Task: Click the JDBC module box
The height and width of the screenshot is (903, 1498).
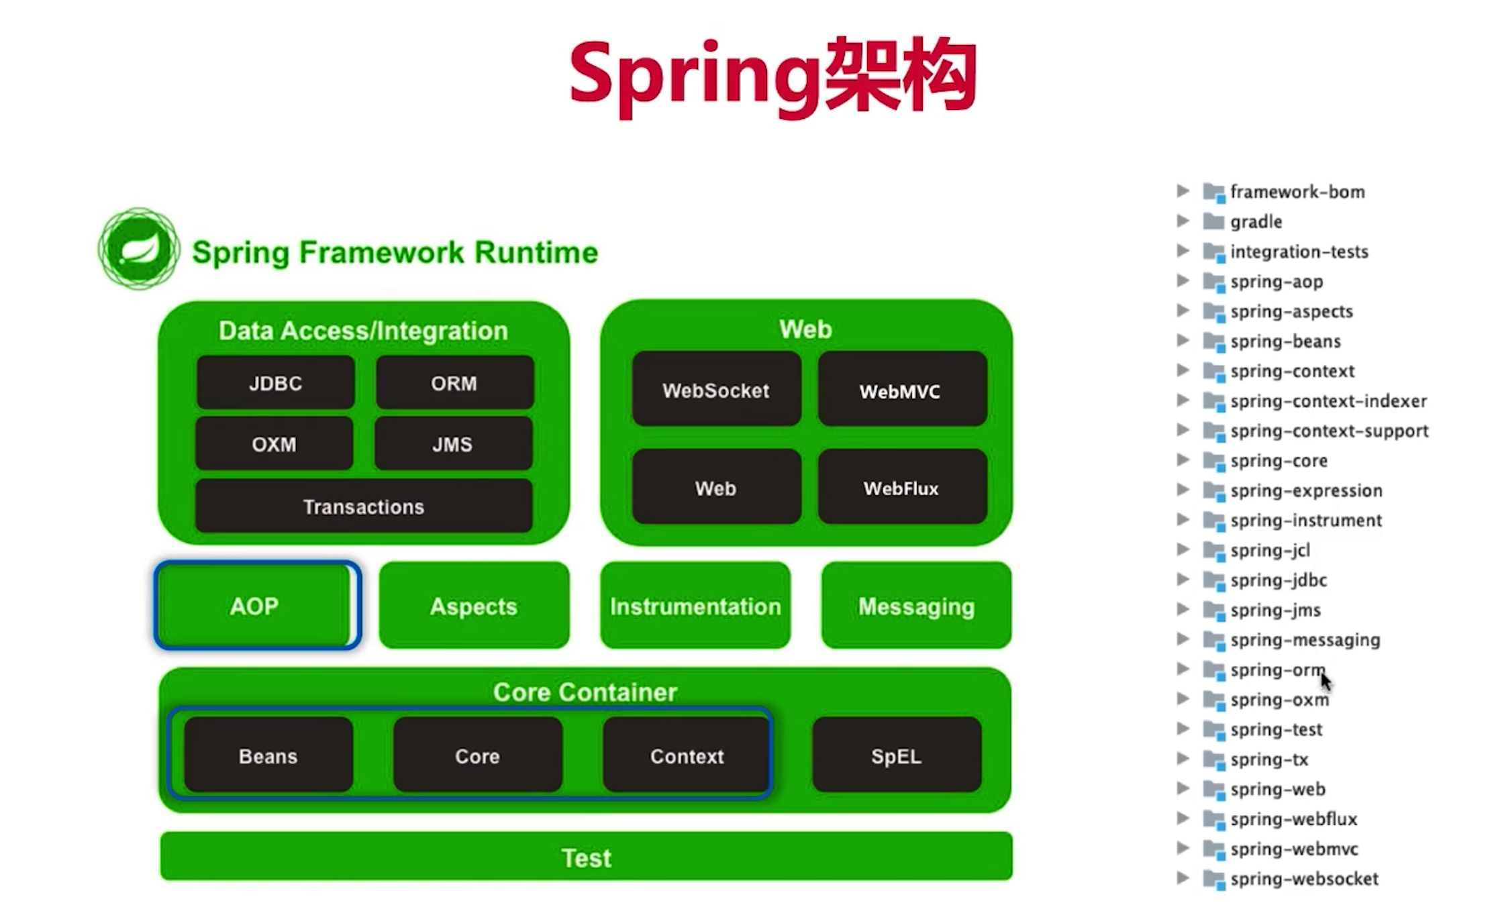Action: pos(275,382)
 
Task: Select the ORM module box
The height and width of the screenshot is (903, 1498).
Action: pos(454,382)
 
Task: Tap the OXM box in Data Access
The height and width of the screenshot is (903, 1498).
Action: pos(274,443)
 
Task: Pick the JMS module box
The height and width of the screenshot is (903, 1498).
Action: pos(453,443)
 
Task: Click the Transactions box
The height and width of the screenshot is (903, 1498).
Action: pos(364,506)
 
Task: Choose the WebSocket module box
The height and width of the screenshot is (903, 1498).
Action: pos(716,389)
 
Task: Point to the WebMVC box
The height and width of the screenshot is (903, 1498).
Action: pos(902,389)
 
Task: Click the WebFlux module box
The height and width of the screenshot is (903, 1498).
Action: pos(902,487)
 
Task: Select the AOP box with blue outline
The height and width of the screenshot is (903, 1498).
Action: pos(257,606)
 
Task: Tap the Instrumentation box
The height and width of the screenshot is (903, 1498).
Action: pos(695,606)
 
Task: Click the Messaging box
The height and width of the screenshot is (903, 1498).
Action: pos(916,606)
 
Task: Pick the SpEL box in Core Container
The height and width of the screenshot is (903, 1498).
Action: pos(897,755)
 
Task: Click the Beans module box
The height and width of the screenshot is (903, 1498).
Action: pos(268,755)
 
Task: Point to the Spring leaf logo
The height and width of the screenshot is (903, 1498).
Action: pos(139,249)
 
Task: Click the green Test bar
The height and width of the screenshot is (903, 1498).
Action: pos(587,857)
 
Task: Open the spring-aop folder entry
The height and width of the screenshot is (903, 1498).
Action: pos(1276,282)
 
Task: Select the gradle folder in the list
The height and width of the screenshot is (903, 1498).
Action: pos(1256,221)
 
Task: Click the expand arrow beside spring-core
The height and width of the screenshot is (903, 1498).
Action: pos(1183,460)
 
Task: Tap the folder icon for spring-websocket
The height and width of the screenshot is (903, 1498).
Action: pos(1214,879)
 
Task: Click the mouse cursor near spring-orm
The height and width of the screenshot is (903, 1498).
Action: pos(1326,682)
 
